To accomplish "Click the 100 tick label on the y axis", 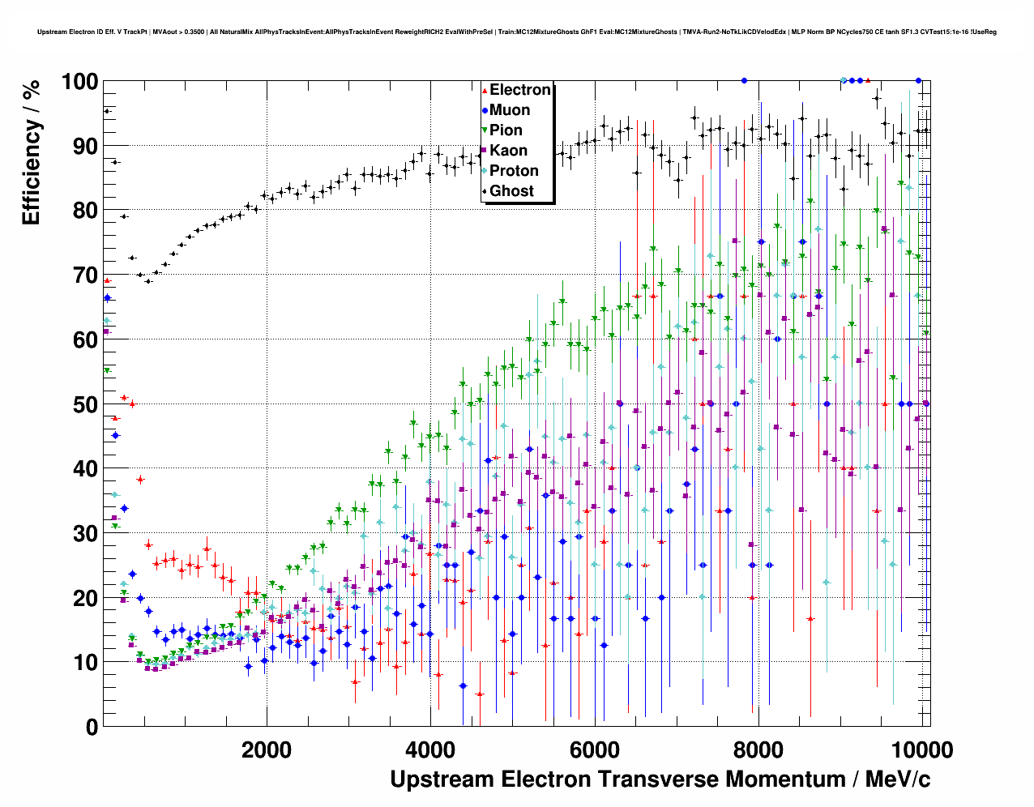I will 79,82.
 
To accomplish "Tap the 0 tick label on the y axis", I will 91,727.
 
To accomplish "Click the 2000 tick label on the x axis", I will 266,750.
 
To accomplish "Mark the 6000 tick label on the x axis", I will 594,750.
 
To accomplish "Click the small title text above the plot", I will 517,32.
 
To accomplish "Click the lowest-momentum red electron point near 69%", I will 107,280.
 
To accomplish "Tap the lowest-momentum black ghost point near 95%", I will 106,111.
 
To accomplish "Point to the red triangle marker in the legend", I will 485,90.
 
